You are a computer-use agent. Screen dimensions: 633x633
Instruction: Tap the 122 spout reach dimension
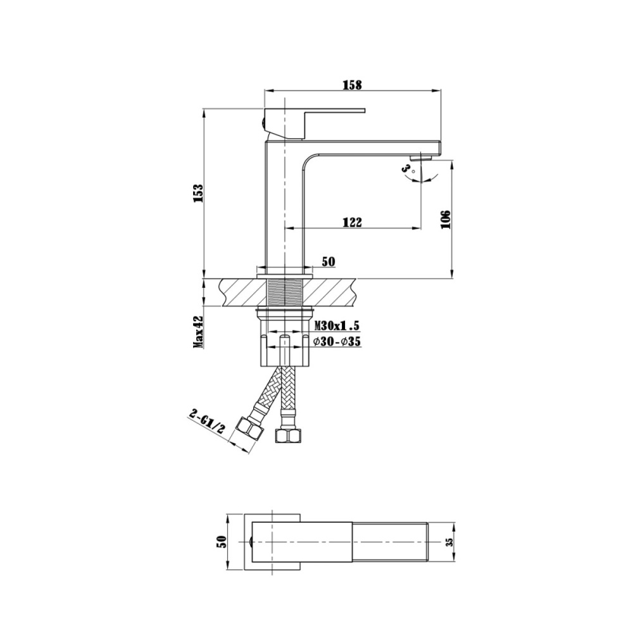[x=352, y=222]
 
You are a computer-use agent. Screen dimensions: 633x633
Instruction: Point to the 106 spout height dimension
[x=446, y=219]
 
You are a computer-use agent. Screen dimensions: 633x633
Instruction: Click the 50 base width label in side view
[x=329, y=261]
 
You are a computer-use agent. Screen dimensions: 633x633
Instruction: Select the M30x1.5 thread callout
[x=337, y=326]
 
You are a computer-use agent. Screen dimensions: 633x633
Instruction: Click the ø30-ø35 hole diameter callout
[x=337, y=342]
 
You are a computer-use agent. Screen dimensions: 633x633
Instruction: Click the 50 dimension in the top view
[x=222, y=542]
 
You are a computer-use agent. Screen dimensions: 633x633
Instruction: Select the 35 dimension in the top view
[x=449, y=542]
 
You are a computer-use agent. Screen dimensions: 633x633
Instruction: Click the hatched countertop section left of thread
[x=241, y=292]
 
